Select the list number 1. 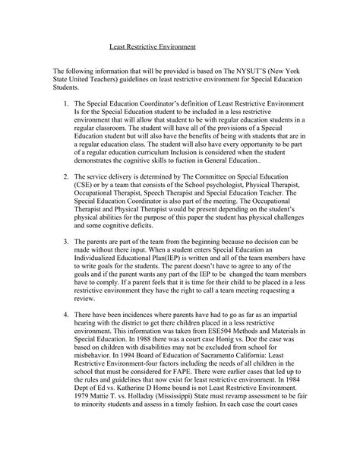88,103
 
